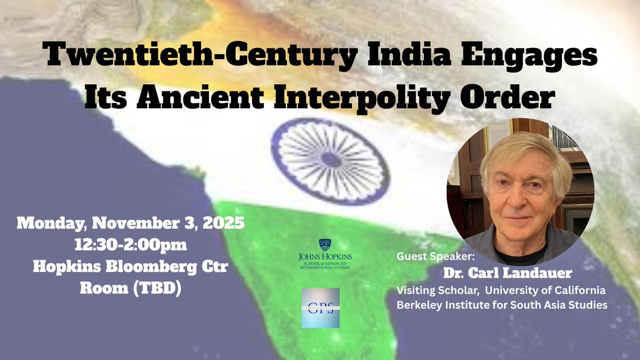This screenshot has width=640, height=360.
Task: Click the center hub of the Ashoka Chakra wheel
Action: coord(330,159)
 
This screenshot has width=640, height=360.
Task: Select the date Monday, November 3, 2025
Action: coord(131,222)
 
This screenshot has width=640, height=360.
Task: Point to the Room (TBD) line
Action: coord(131,287)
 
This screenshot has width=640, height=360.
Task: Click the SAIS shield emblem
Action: coord(325,245)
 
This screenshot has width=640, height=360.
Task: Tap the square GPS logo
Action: coord(320,308)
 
